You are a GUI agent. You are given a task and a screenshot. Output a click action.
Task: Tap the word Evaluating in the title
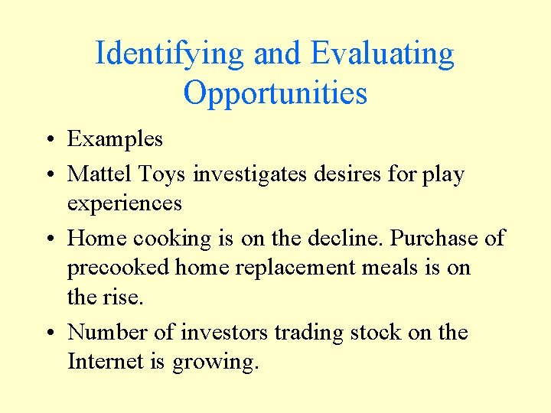383,54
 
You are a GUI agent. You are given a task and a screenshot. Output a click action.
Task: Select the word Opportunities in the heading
275,93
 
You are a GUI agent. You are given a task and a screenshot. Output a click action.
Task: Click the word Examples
115,139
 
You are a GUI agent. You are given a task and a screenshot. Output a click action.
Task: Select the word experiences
124,204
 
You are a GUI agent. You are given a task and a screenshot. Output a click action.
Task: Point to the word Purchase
435,238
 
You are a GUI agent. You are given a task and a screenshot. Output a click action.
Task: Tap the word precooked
119,268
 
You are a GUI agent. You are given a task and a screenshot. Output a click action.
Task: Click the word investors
224,333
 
